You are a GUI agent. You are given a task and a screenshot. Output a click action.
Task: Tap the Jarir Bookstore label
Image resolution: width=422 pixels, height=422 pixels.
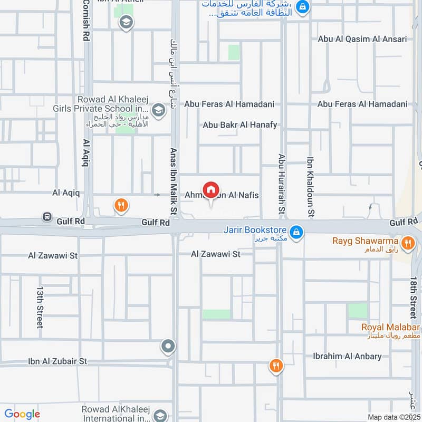pyautogui.click(x=254, y=231)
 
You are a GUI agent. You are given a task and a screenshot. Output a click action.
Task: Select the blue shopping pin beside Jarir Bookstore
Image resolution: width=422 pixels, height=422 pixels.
pyautogui.click(x=297, y=232)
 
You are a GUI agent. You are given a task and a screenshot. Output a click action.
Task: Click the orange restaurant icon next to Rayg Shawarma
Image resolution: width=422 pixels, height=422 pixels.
pyautogui.click(x=407, y=243)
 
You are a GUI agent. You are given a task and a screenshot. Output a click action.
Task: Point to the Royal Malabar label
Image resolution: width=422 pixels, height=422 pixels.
pyautogui.click(x=390, y=327)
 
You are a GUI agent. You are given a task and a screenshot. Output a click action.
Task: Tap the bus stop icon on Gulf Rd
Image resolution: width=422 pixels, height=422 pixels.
pyautogui.click(x=47, y=217)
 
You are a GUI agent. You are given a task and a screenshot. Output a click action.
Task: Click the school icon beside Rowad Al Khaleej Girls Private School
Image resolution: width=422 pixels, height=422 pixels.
pyautogui.click(x=157, y=110)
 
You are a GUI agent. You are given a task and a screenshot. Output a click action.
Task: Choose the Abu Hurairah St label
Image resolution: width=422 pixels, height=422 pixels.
pyautogui.click(x=282, y=184)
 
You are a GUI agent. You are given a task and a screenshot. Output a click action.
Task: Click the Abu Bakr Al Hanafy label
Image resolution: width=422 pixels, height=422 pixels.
pyautogui.click(x=240, y=125)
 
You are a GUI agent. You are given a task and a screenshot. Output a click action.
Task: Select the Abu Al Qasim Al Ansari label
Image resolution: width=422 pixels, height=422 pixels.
pyautogui.click(x=362, y=39)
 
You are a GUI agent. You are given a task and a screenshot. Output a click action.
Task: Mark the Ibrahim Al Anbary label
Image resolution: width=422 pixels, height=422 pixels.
pyautogui.click(x=347, y=357)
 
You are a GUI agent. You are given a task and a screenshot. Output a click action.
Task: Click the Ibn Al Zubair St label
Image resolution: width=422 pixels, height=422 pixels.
pyautogui.click(x=57, y=361)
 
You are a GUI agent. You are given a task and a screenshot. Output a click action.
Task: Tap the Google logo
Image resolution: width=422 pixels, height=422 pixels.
pyautogui.click(x=22, y=415)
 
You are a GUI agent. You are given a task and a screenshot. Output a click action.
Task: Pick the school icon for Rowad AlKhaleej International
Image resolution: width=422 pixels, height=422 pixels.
pyautogui.click(x=161, y=415)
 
